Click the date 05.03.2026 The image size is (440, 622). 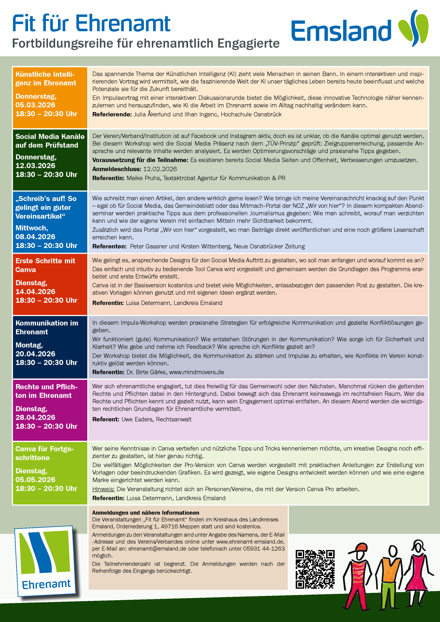click(35, 105)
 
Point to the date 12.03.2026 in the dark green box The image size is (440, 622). click(35, 166)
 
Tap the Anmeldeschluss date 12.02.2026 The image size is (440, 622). click(160, 169)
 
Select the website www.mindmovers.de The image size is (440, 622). click(197, 372)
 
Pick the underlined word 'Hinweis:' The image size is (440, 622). click(103, 489)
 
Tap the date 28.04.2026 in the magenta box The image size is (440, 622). click(35, 417)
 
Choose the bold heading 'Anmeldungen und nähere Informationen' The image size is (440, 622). click(146, 513)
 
